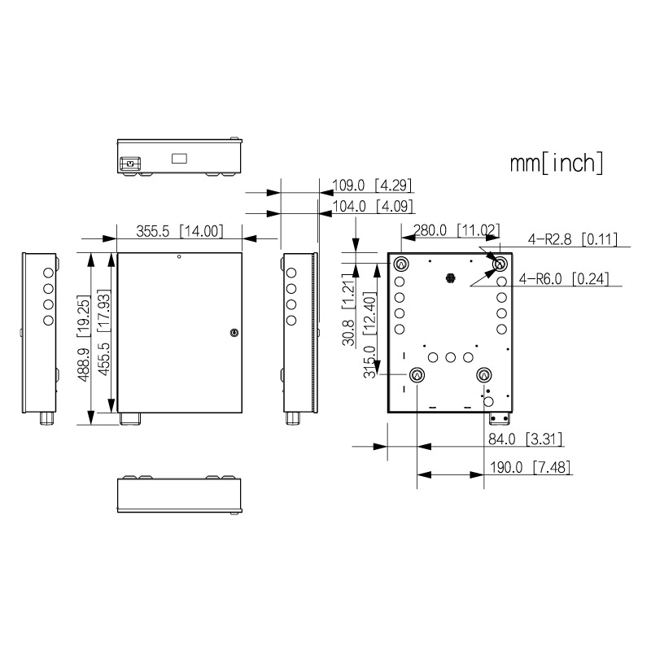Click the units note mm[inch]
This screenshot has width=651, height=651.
point(557,163)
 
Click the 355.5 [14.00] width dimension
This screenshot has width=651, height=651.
point(179,231)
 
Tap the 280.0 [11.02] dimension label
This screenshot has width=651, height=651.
point(452,231)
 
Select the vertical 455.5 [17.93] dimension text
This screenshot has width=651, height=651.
point(104,337)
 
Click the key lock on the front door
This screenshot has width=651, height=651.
point(234,332)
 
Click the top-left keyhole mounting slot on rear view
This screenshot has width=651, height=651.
point(402,264)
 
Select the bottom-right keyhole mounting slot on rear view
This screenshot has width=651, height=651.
point(484,375)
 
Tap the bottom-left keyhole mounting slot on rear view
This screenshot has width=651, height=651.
point(417,375)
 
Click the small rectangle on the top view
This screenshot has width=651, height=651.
point(179,158)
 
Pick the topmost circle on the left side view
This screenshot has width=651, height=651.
point(48,271)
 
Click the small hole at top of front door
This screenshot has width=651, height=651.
point(179,257)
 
